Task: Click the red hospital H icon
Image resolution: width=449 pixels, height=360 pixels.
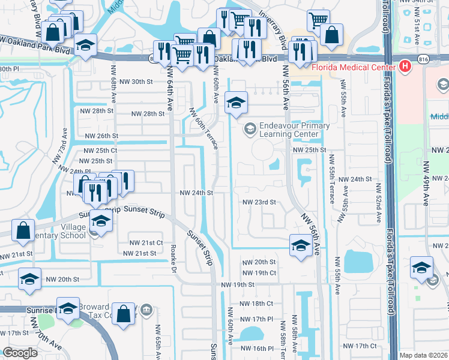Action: (405, 65)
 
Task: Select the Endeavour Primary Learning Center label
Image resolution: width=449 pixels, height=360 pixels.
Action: (294, 130)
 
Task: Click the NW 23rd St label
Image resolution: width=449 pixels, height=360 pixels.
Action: (259, 202)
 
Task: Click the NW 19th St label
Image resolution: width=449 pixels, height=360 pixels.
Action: (237, 284)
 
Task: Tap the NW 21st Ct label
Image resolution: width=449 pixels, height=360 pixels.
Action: (146, 242)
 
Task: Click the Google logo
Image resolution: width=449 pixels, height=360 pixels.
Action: (20, 353)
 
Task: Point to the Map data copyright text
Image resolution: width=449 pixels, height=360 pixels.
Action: (424, 355)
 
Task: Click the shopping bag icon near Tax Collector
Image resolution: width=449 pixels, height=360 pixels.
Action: (124, 313)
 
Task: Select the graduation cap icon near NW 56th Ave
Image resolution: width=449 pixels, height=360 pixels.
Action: (300, 244)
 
